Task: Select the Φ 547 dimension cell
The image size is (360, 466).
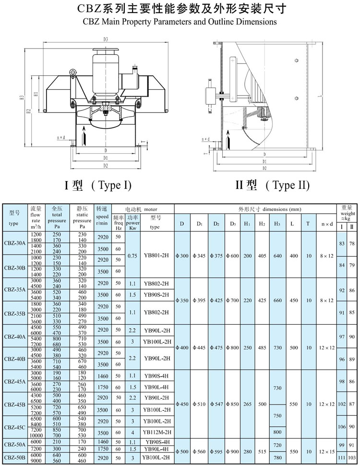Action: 216,404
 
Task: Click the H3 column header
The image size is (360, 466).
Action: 277,224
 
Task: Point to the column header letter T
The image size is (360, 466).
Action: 308,224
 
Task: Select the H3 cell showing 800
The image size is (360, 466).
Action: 277,432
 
